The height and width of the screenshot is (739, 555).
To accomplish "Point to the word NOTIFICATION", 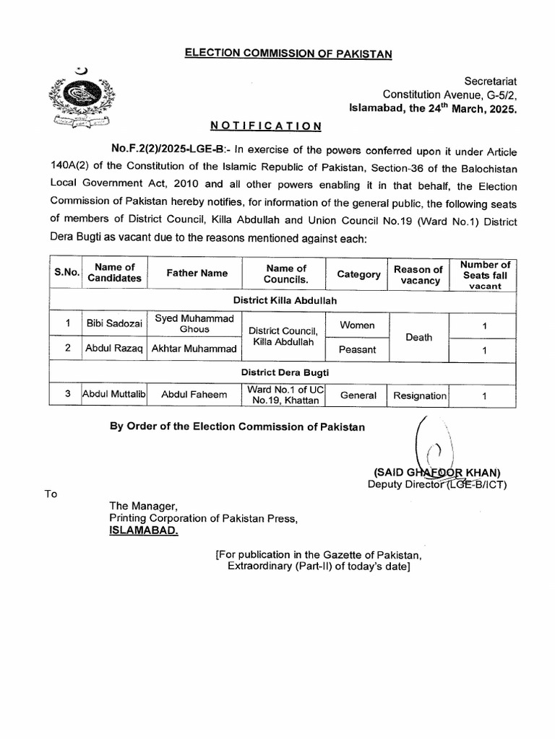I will click(x=266, y=126).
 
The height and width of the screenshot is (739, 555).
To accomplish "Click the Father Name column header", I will click(x=197, y=274).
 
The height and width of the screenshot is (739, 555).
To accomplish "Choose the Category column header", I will click(x=358, y=274).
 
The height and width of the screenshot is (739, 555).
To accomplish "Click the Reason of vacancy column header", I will click(x=419, y=274).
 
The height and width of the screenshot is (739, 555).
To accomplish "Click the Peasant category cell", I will click(x=358, y=349).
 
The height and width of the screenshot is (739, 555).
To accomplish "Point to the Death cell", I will click(x=419, y=337).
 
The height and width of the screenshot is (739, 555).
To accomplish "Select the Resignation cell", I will click(x=419, y=395).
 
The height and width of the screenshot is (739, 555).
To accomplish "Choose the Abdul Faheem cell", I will click(x=194, y=395).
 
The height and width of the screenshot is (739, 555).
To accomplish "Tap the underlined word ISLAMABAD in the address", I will click(x=141, y=530).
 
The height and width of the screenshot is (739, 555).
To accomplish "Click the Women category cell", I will click(x=358, y=325).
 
